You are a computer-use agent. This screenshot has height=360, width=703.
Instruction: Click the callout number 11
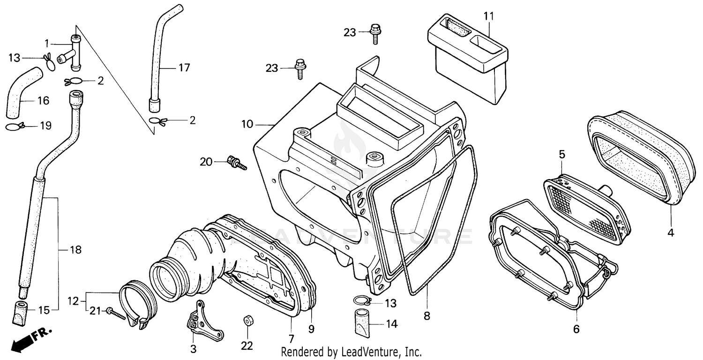(489, 16)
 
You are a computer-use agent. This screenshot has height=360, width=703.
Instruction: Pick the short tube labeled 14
(363, 323)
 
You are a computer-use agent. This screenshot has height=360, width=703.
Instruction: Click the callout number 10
(248, 124)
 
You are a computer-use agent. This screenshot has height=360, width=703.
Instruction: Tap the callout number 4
(671, 232)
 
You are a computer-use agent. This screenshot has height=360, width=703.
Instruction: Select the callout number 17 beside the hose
(184, 68)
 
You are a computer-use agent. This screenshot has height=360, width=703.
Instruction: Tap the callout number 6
(576, 329)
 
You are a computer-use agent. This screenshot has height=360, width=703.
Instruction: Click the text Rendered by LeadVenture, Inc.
(351, 352)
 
